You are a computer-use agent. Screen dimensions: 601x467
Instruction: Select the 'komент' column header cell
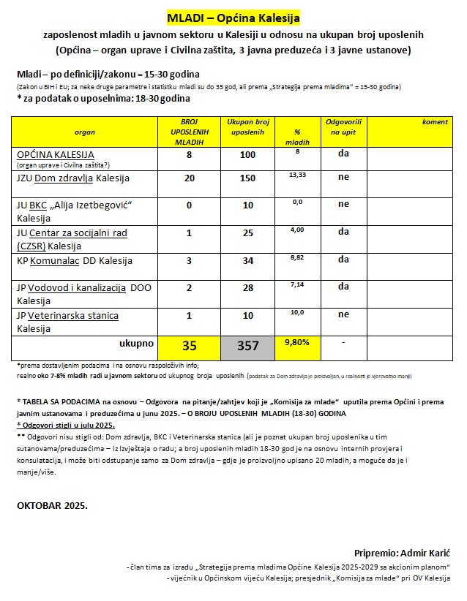[x=435, y=122]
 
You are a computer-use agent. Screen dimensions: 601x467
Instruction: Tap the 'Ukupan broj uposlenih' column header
[x=248, y=127]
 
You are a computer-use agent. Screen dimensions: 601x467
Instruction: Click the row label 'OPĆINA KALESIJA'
[x=56, y=155]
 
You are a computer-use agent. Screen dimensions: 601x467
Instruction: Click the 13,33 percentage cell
[x=297, y=175]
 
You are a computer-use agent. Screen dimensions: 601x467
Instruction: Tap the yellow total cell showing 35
[x=189, y=346]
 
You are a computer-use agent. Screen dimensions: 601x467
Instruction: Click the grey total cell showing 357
[x=248, y=346]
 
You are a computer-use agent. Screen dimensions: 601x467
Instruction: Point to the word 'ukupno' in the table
[x=137, y=341]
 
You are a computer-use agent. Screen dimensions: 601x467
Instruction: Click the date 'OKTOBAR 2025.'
[x=51, y=505]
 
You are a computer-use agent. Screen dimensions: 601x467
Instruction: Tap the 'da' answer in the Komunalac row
[x=343, y=259]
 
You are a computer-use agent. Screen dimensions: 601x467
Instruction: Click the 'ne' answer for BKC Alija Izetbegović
[x=343, y=204]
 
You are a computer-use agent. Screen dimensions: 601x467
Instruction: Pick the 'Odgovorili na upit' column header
[x=343, y=127]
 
